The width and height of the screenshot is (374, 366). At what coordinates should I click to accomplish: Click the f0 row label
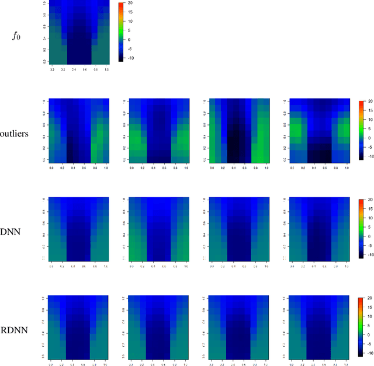pos(18,35)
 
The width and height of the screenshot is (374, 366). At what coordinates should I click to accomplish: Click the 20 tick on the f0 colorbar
pos(129,4)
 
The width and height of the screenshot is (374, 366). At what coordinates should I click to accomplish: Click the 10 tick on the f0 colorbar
pos(129,22)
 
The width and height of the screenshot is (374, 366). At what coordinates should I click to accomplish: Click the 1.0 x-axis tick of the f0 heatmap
pos(106,69)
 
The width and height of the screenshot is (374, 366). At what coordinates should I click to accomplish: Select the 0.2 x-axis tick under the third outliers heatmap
pos(223,168)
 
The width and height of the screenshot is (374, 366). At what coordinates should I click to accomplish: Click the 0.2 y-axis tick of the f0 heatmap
pos(44,50)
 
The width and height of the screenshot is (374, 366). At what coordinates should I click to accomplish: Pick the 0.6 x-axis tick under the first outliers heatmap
pos(84,168)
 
